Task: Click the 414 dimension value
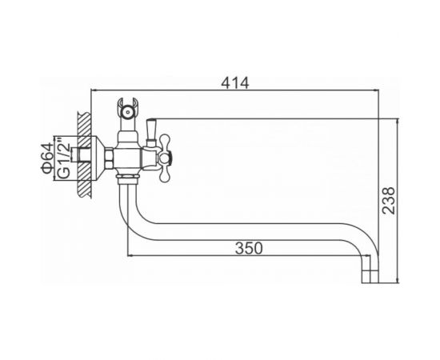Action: pos(235,83)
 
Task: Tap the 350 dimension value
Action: pos(249,248)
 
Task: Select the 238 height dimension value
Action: pos(389,201)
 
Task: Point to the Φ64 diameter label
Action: pos(47,158)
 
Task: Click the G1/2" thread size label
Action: pos(64,158)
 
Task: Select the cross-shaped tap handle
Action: pos(165,158)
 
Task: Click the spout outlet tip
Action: pos(370,277)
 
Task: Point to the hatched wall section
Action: pos(84,155)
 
